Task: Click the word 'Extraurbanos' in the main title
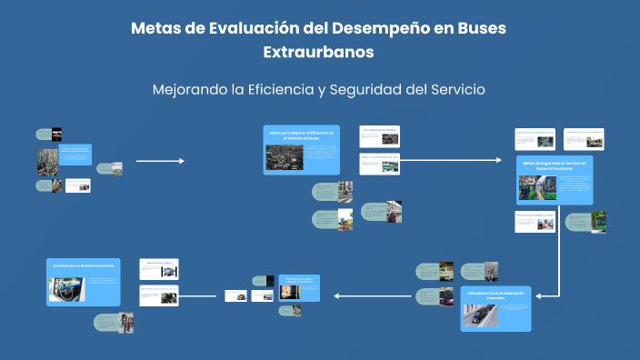coord(318,52)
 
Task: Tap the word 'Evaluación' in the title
coord(249,28)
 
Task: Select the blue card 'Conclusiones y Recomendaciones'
coord(83,282)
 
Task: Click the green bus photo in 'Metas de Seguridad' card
coord(532,187)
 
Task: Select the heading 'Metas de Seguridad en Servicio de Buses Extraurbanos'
coord(554,165)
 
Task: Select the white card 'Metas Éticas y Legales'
coord(159,268)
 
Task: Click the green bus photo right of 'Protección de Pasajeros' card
coord(599,221)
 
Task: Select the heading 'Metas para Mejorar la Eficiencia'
coord(302,135)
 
